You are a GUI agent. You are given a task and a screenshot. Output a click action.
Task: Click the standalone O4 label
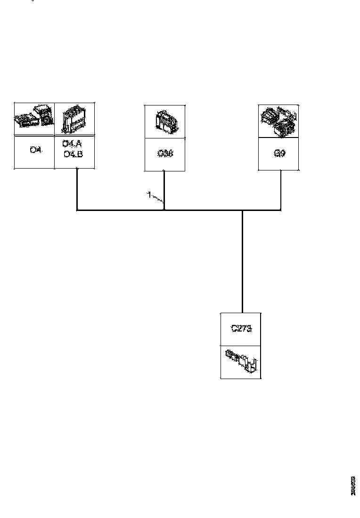[x=35, y=150]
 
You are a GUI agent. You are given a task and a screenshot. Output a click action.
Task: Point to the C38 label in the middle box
[x=164, y=154]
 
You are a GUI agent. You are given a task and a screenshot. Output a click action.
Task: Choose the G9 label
[x=279, y=154]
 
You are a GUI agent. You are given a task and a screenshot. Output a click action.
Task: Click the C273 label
[x=241, y=329]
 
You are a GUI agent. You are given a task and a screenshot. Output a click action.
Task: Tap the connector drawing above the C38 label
[x=164, y=121]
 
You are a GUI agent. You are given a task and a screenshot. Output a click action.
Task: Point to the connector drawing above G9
[x=279, y=121]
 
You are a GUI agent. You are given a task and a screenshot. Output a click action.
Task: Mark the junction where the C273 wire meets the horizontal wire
[x=242, y=210]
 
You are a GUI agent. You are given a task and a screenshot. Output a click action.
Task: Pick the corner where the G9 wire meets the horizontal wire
[x=281, y=210]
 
